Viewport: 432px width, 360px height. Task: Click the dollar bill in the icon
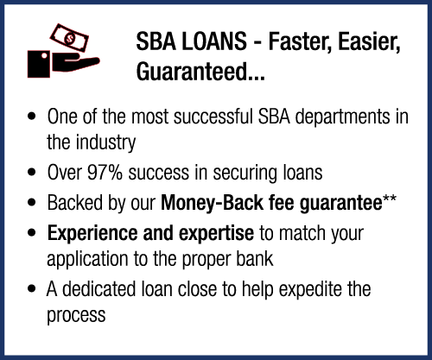[69, 38]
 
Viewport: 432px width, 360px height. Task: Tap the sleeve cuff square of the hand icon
[39, 64]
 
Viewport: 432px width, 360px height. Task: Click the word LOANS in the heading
[214, 41]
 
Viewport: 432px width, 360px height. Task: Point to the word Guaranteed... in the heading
[200, 72]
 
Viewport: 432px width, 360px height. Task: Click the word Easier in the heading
[369, 42]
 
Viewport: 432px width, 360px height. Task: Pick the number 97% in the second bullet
[105, 173]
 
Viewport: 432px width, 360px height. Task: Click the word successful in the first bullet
[213, 117]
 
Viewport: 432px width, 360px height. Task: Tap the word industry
[105, 143]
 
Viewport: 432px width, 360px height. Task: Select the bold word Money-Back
[212, 203]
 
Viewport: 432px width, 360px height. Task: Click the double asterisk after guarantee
[390, 199]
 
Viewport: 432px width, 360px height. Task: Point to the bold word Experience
[92, 233]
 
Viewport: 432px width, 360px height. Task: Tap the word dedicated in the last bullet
[98, 289]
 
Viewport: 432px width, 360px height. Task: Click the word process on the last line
[76, 316]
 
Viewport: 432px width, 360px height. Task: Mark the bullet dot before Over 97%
[32, 173]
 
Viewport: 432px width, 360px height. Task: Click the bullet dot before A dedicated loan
[32, 289]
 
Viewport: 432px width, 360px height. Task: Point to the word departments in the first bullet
[343, 117]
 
